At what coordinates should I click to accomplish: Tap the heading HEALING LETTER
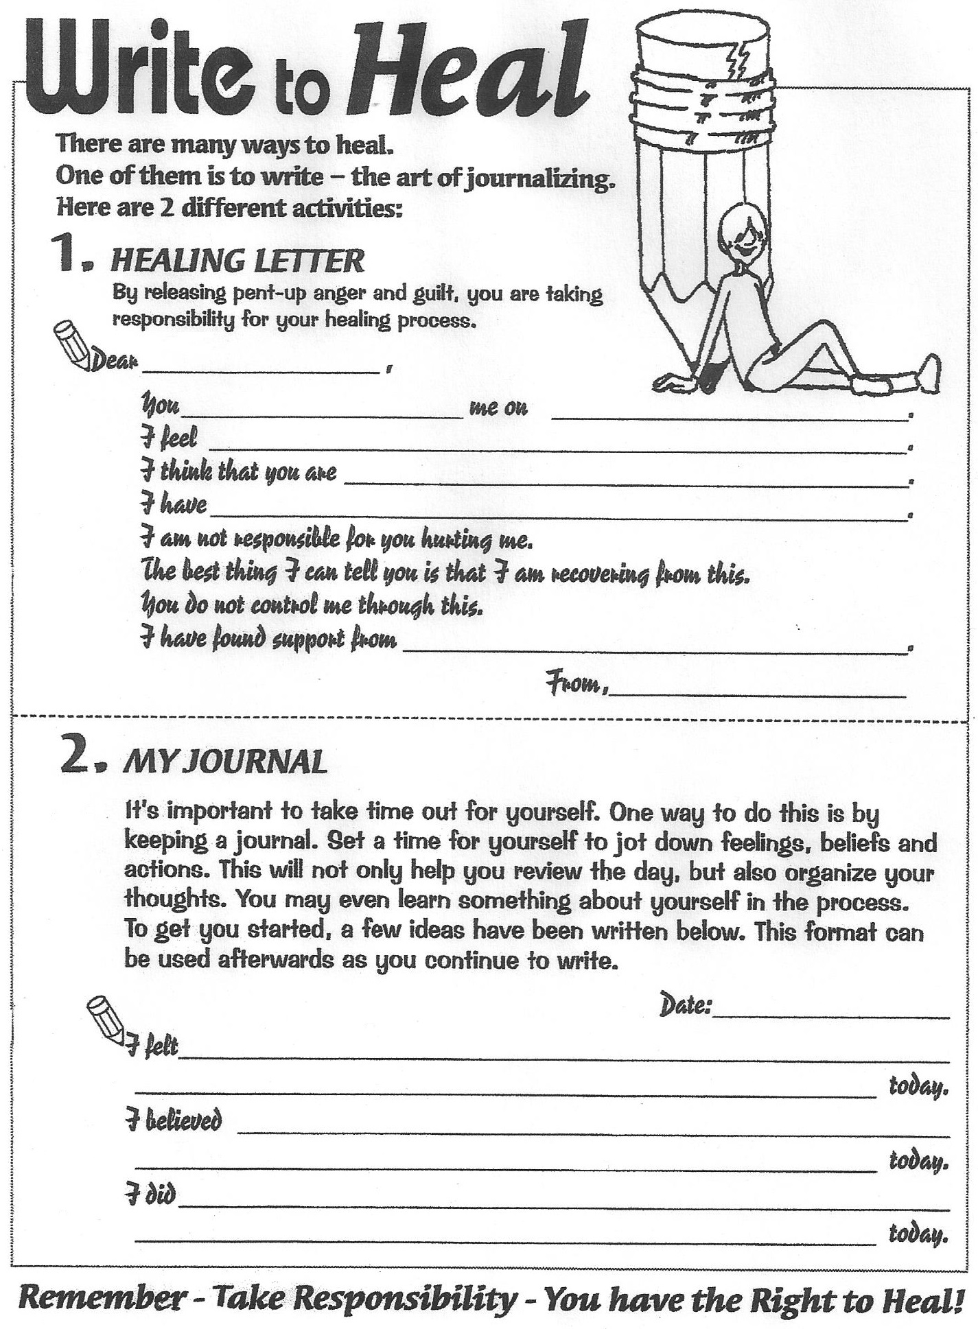(237, 261)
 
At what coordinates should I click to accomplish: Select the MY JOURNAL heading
(224, 763)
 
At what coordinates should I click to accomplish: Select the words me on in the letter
(498, 408)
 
